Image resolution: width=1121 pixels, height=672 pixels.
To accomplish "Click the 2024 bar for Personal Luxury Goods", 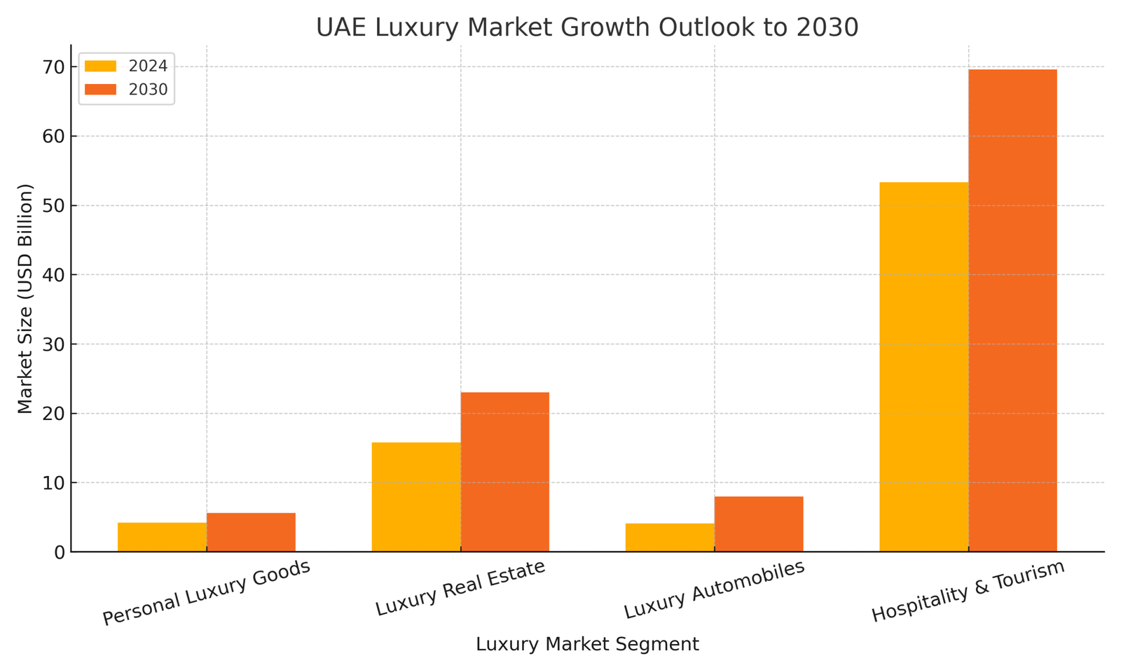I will (162, 537).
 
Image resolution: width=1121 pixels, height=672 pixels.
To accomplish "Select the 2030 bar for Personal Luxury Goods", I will (251, 532).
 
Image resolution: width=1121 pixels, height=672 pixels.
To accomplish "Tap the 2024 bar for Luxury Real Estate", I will (416, 497).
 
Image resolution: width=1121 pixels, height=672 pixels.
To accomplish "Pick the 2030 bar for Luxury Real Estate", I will (504, 472).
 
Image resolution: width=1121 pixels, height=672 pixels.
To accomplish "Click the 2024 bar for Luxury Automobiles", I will (670, 538).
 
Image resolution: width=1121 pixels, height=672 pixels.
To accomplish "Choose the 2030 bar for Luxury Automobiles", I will (759, 524).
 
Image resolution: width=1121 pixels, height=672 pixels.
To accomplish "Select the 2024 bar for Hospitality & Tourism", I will (923, 367).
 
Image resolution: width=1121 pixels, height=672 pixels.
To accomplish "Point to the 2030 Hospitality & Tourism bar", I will (1012, 310).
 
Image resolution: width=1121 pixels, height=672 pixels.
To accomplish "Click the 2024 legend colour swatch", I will (100, 66).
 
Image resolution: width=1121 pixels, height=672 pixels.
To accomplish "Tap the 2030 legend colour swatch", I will (100, 90).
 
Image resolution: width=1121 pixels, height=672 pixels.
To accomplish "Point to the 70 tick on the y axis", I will (55, 67).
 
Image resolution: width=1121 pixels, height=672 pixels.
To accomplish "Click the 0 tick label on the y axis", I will (60, 552).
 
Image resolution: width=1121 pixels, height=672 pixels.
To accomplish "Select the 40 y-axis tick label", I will (55, 275).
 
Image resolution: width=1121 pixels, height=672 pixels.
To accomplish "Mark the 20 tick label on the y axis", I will (55, 414).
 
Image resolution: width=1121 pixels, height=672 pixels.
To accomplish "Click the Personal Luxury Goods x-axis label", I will (207, 593).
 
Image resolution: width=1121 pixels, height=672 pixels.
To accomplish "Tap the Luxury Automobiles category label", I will (715, 589).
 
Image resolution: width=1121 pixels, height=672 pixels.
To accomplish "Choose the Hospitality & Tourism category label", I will (968, 591).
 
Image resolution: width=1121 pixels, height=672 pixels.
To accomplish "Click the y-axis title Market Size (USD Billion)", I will (25, 298).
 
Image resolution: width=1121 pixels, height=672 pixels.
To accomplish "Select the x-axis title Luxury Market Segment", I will (587, 644).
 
